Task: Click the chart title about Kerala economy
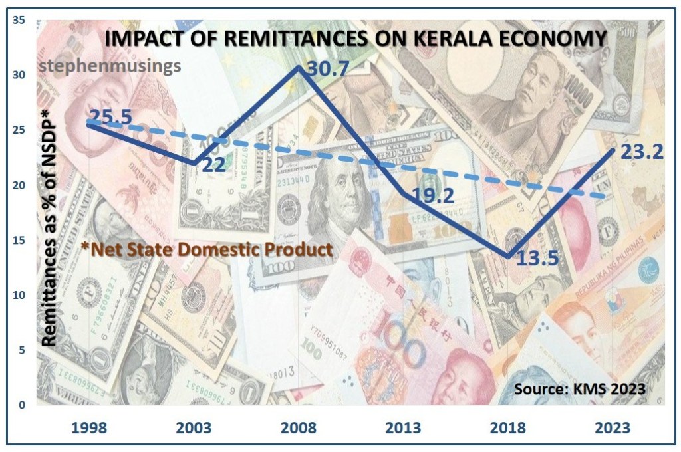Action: click(355, 38)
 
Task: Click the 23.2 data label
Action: click(642, 153)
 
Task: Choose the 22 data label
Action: click(213, 165)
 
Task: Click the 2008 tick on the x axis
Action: click(299, 427)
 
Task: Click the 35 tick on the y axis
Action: click(19, 21)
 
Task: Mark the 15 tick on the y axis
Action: click(19, 240)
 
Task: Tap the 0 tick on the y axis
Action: click(22, 404)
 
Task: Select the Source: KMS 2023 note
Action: click(579, 388)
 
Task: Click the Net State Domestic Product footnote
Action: click(206, 250)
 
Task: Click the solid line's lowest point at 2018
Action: click(509, 257)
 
